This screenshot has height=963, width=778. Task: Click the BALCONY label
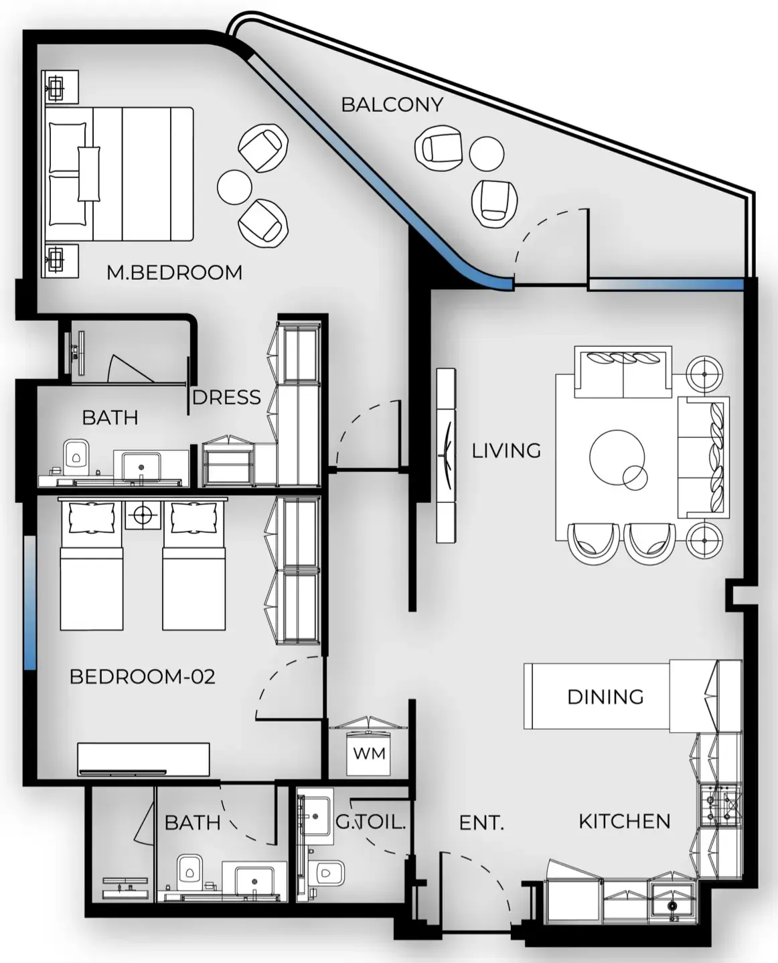coord(392,105)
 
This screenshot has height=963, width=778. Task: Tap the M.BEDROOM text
coord(175,273)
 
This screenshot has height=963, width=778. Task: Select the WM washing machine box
coord(369,753)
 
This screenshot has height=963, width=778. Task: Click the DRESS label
coord(226,398)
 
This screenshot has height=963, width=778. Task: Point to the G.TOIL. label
coord(370,822)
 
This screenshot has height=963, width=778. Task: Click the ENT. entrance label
coord(481,823)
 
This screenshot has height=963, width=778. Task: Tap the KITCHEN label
coord(625,822)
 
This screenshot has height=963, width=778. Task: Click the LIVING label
coord(506,451)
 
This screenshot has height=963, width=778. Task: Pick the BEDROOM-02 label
coord(143,677)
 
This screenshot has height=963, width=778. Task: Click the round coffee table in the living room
coord(617,458)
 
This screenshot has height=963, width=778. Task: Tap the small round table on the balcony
coord(487,154)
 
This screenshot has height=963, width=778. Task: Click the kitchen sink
coord(672,905)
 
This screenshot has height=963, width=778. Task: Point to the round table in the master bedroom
coord(234,187)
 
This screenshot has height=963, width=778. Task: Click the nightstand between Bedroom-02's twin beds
coord(143,515)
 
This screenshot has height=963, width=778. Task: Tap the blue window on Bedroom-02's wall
coord(30,603)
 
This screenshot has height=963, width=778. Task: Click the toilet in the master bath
coord(76,457)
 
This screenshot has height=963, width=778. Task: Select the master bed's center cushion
coord(89,174)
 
